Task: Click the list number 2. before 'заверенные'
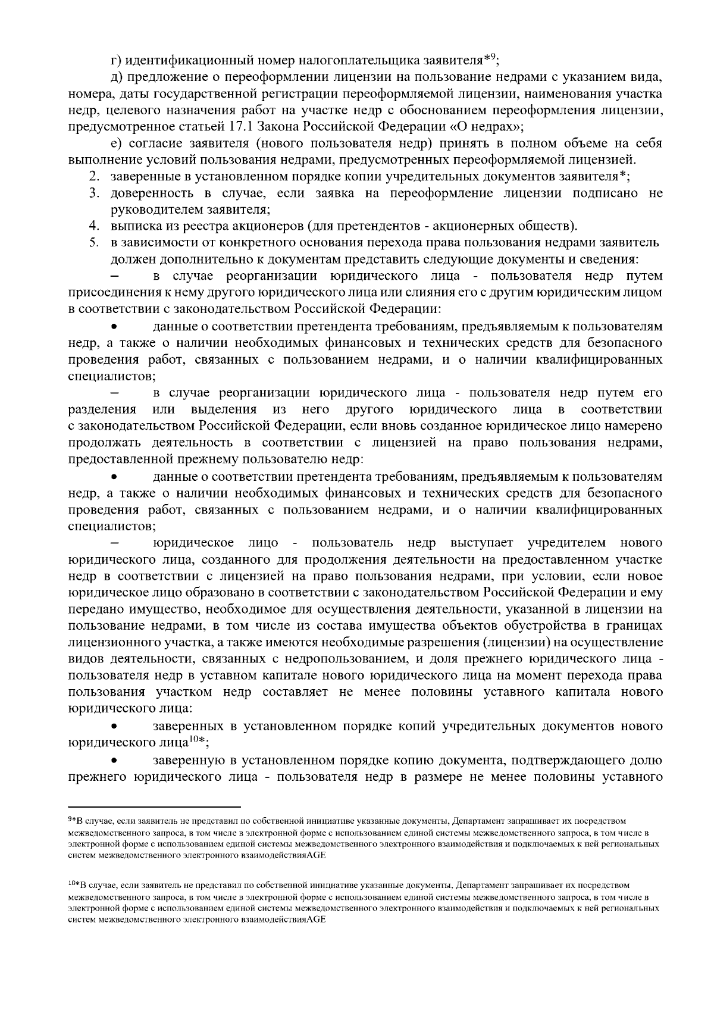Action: point(93,177)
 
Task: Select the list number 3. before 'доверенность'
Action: point(93,193)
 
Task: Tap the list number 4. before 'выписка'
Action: point(93,226)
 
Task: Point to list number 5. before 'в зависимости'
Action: point(93,243)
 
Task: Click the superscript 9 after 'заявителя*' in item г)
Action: point(493,57)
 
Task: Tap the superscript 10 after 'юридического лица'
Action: point(193,740)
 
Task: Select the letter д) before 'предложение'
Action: point(116,77)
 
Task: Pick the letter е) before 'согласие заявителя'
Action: point(115,143)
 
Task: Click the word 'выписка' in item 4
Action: point(131,226)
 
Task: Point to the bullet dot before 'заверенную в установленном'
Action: point(115,761)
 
